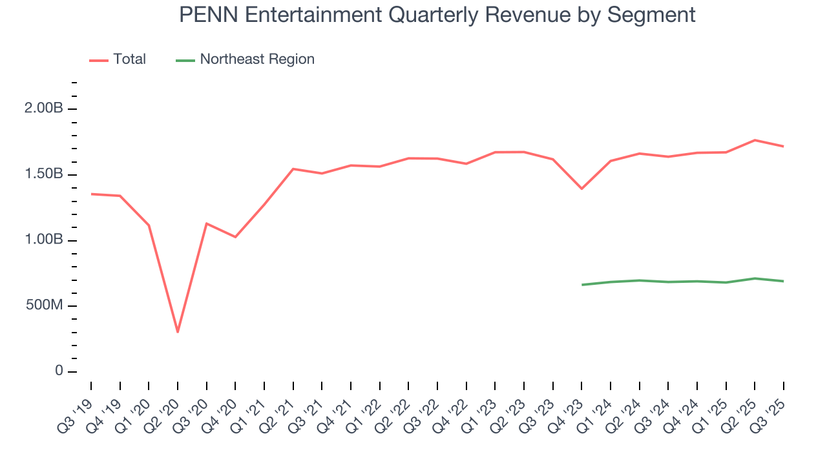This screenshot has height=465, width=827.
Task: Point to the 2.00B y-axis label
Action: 43,108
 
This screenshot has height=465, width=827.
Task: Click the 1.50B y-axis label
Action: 43,174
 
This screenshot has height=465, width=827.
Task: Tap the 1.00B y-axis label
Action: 43,240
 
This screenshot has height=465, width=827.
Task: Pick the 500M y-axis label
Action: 43,305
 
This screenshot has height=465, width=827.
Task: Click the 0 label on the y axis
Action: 59,371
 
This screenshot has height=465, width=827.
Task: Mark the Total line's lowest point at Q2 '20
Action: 178,332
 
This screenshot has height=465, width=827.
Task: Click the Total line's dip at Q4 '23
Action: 581,189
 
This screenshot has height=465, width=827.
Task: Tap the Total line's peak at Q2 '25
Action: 755,140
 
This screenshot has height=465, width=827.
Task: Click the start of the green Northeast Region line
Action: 581,285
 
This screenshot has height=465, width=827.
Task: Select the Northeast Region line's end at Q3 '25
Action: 784,281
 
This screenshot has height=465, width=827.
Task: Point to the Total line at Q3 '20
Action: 206,223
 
